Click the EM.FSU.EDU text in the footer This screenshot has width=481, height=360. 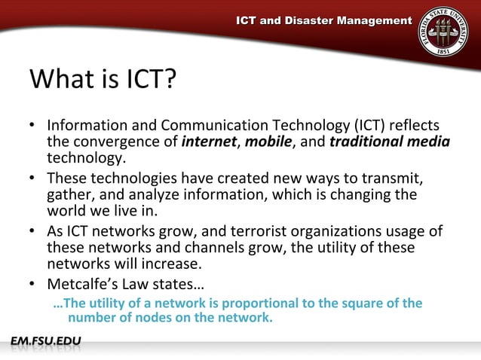[x=45, y=343]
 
